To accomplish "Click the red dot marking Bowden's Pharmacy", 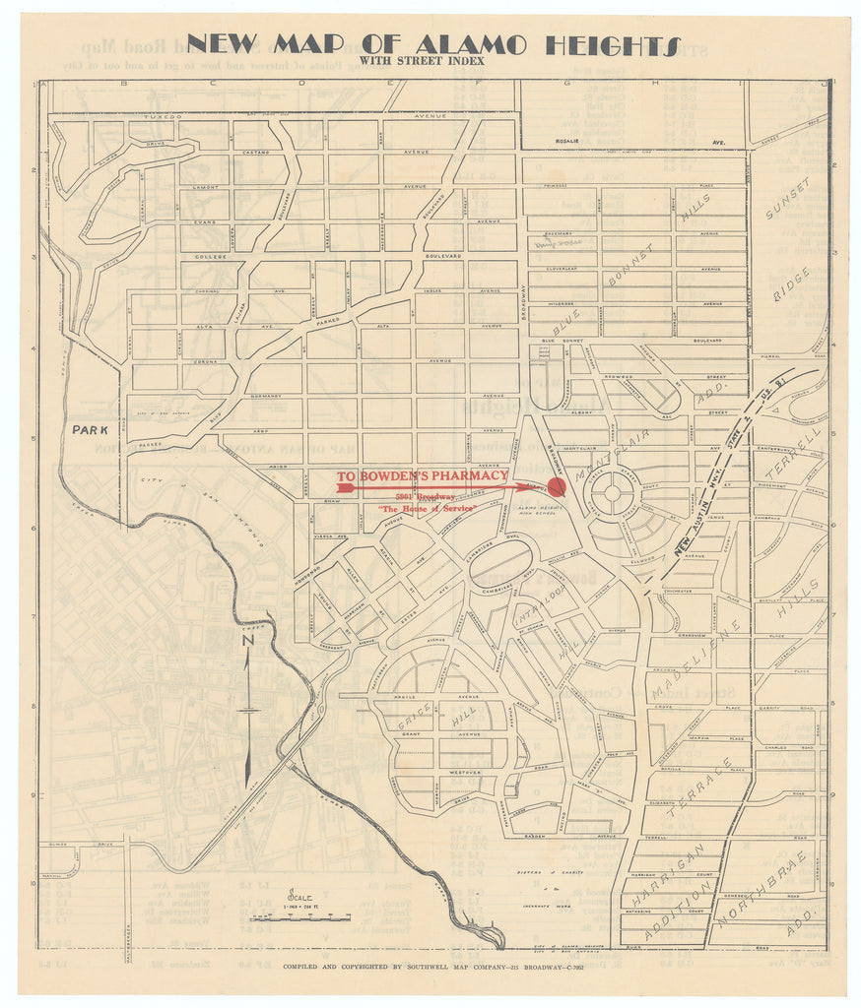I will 557,486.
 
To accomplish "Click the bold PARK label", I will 90,429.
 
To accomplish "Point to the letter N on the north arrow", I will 249,641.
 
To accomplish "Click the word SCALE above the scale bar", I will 292,898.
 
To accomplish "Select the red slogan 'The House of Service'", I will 428,508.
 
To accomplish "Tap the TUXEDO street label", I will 163,116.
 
